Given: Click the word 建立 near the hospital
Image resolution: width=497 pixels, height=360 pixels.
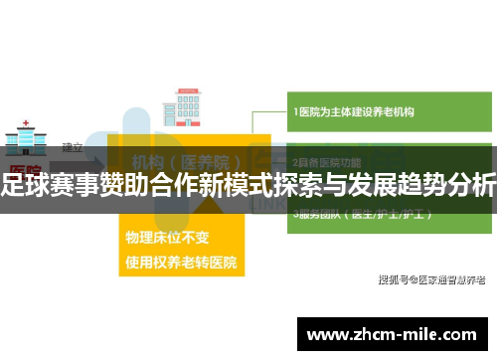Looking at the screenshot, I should click(73, 146).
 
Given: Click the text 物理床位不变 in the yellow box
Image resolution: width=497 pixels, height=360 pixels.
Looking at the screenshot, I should click(167, 240).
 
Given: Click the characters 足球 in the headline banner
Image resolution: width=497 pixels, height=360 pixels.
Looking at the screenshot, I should click(27, 184).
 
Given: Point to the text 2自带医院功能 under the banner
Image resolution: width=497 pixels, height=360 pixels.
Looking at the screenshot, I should click(327, 160).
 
